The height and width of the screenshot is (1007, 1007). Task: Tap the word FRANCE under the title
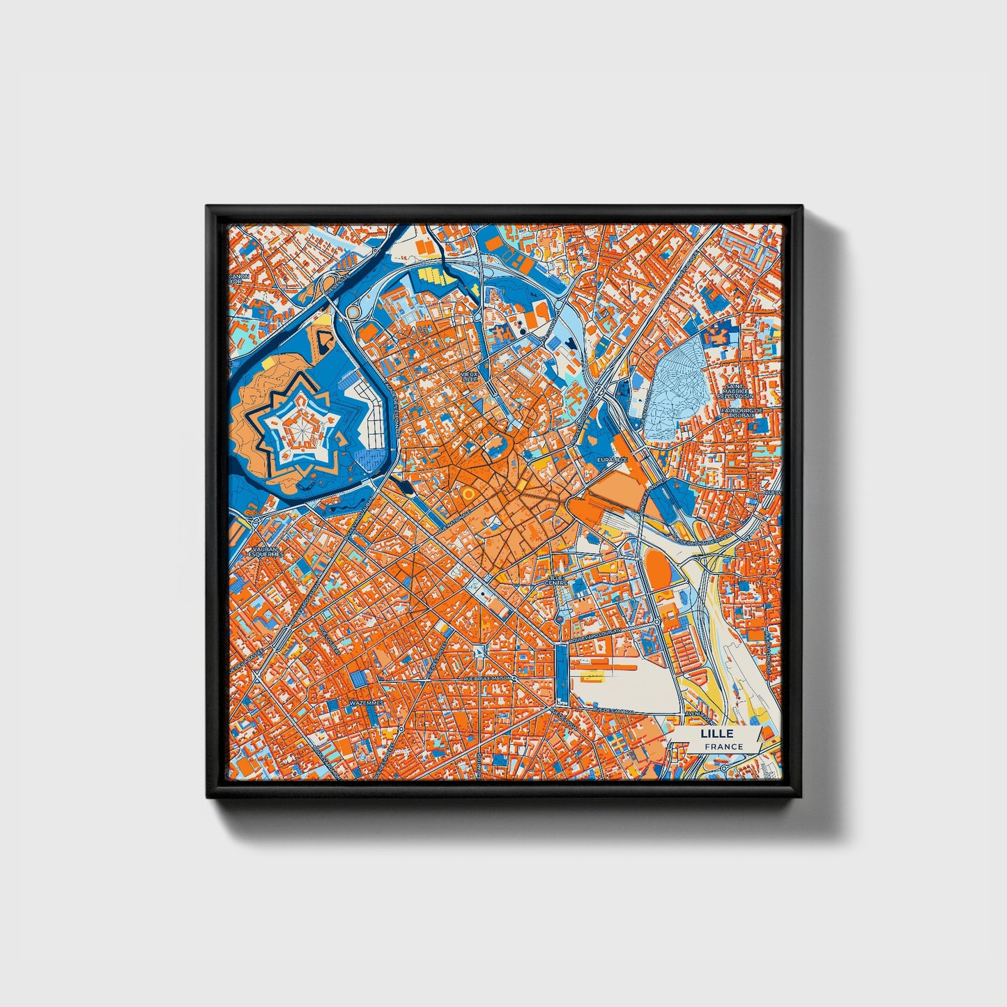[x=723, y=746]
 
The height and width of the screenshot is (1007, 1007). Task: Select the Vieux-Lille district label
[x=470, y=377]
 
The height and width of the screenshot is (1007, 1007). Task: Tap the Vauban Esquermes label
[x=266, y=552]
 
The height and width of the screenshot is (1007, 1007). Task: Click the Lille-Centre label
[x=556, y=580]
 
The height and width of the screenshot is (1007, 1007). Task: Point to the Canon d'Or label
[x=239, y=279]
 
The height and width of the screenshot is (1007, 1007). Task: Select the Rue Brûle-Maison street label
[x=487, y=677]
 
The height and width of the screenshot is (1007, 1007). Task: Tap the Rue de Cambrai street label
[x=613, y=710]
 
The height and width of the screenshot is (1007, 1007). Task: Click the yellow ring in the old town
[x=466, y=493]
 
